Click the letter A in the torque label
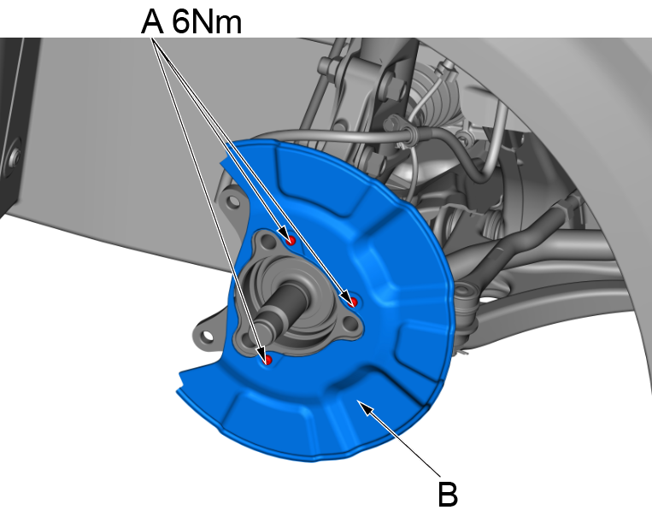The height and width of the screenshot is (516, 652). click(x=152, y=21)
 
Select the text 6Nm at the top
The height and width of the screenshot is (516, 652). click(x=207, y=21)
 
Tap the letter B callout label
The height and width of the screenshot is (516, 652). click(x=448, y=494)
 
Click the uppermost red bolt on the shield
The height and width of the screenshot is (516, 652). click(x=291, y=240)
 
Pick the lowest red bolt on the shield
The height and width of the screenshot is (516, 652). click(x=267, y=360)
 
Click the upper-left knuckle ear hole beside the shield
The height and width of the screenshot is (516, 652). click(x=228, y=204)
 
